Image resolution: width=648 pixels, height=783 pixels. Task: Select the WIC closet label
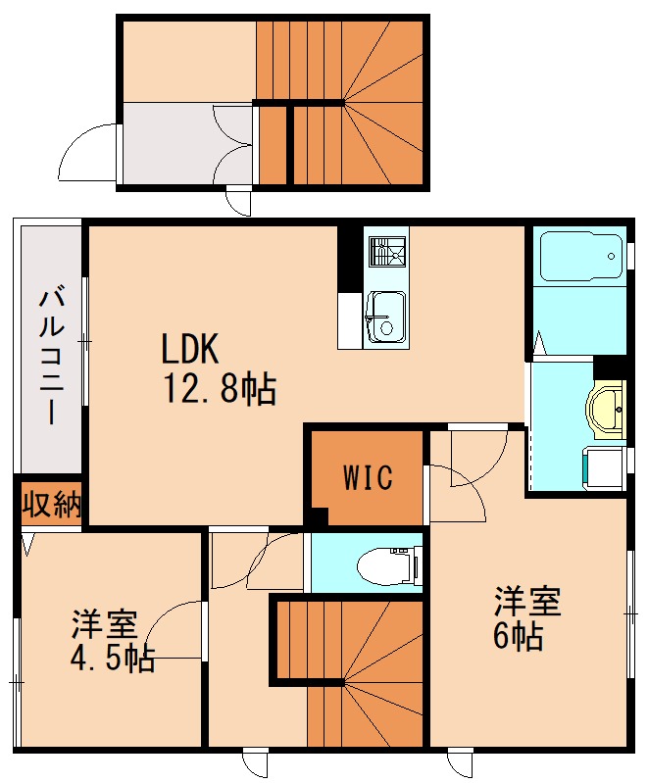tap(368, 477)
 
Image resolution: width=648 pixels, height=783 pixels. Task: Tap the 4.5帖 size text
tap(112, 658)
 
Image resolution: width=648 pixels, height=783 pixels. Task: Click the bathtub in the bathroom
tap(579, 258)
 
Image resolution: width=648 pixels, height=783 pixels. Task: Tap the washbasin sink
tap(609, 408)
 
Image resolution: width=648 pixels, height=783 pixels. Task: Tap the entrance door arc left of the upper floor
tap(88, 152)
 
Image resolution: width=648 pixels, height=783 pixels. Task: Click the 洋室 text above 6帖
tap(526, 601)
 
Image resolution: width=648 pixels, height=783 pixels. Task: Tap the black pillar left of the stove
tap(348, 258)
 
